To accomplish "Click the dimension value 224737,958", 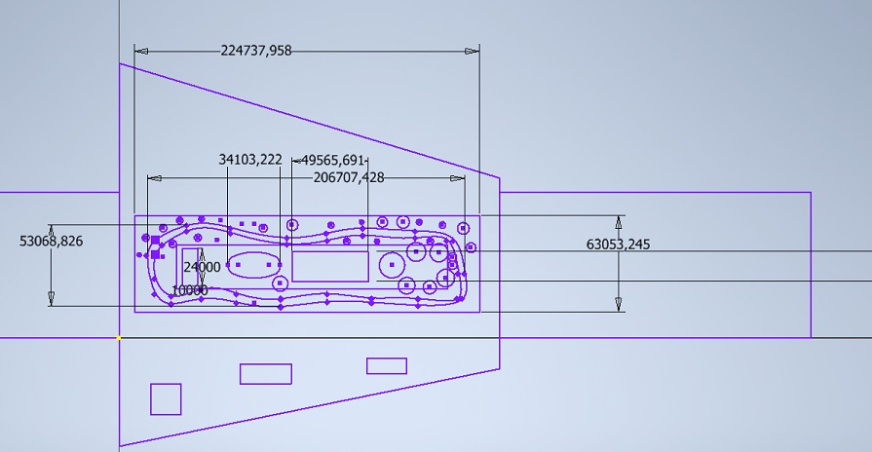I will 256,51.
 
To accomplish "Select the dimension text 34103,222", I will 250,159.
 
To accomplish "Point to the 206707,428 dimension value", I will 348,177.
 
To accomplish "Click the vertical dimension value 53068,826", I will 51,241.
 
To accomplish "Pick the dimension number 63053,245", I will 618,245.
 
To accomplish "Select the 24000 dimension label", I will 202,267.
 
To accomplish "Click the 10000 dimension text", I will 189,290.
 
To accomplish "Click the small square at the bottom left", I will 166,399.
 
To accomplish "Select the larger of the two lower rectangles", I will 266,374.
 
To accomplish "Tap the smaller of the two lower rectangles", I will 387,366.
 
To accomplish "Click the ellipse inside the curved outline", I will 253,264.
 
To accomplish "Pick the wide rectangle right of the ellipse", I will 330,265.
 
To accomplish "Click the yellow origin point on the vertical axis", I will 119,338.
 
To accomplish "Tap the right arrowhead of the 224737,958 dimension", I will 474,51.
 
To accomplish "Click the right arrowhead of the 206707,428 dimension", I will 459,178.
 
